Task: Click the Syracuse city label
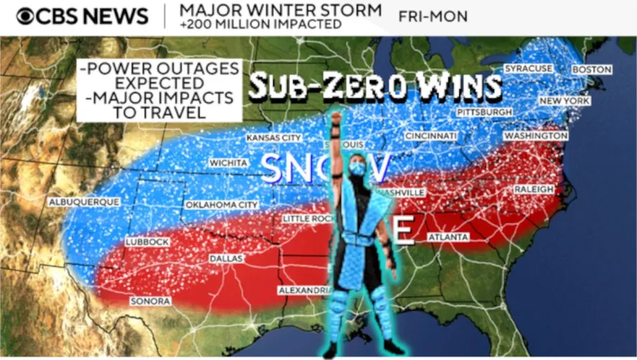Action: [529, 68]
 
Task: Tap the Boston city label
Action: [591, 70]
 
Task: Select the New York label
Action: [564, 101]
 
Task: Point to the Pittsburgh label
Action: [485, 113]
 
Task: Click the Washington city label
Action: [536, 136]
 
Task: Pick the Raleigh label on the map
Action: [534, 189]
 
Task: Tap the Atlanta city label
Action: [448, 237]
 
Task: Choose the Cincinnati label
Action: [431, 136]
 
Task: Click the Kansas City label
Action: [273, 137]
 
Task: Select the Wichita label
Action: [228, 163]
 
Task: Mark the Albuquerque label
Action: [83, 203]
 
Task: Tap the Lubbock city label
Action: [147, 242]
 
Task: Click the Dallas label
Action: [226, 258]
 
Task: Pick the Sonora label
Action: [150, 302]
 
